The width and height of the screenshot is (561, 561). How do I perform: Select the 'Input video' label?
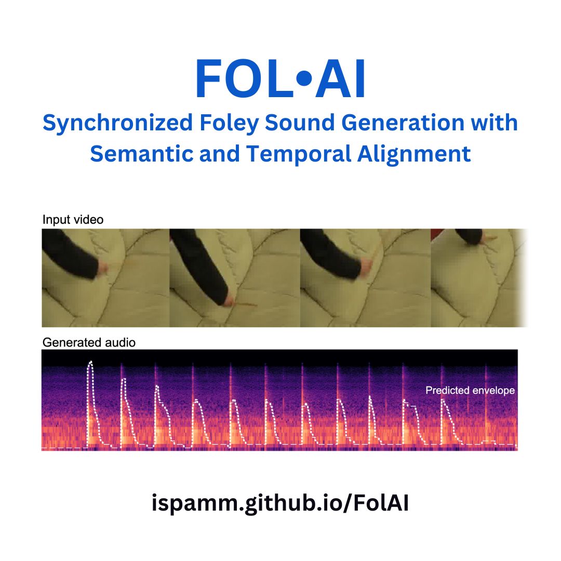pos(73,220)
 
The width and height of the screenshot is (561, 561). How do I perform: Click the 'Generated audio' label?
pos(89,342)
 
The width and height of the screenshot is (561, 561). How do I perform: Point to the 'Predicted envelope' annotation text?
pos(470,390)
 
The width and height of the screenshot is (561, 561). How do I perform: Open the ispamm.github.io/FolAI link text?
pos(280,504)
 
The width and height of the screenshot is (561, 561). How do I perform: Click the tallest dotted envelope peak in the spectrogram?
pos(91,363)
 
